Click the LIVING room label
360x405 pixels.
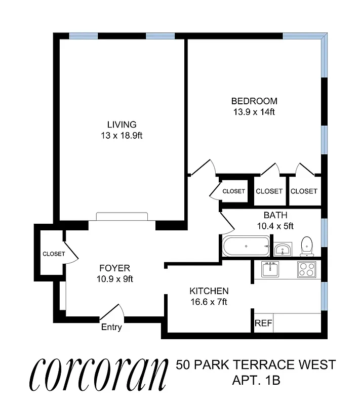tap(122, 125)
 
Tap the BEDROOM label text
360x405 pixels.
tap(254, 101)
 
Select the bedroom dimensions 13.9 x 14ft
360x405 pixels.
tap(254, 112)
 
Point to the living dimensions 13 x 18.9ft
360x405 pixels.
tap(122, 136)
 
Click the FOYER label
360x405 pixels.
tap(114, 268)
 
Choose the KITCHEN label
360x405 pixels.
tap(209, 291)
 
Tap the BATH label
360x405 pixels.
tap(275, 215)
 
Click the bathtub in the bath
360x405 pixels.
tap(246, 247)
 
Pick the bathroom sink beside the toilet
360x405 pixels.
tap(283, 249)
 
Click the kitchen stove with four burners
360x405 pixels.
tap(306, 269)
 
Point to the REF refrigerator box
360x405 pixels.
tap(261, 323)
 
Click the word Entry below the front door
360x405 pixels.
tap(111, 327)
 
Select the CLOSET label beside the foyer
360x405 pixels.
tap(54, 254)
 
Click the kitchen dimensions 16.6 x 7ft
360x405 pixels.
tap(209, 302)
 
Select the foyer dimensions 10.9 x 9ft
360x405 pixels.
tap(114, 279)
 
